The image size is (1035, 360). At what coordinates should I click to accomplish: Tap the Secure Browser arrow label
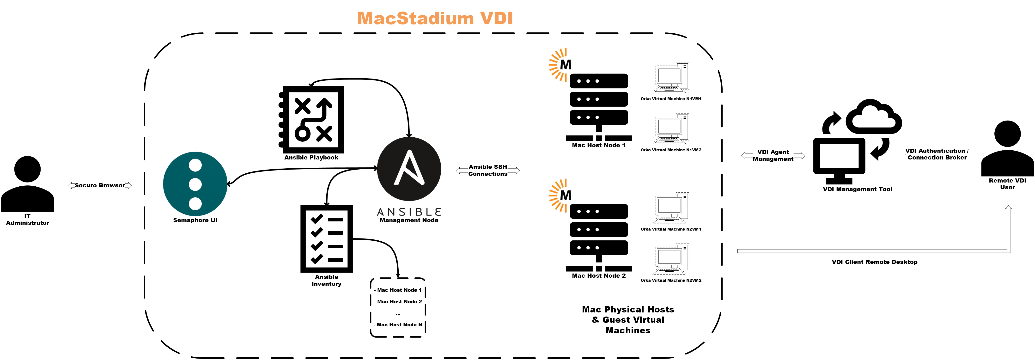click(x=100, y=185)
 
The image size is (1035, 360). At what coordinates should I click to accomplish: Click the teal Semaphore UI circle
click(x=195, y=184)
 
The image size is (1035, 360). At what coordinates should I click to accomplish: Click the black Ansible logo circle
click(x=409, y=169)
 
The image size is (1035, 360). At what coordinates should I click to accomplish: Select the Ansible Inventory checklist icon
click(x=327, y=239)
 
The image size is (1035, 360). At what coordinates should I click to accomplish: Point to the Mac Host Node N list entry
click(x=399, y=325)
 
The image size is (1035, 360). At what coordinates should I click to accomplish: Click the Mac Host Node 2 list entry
click(x=399, y=301)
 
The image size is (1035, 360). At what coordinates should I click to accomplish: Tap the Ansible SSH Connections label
click(x=488, y=170)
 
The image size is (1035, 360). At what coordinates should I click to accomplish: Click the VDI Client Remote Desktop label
click(x=874, y=262)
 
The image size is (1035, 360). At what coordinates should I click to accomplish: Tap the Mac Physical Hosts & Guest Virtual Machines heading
click(x=628, y=320)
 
